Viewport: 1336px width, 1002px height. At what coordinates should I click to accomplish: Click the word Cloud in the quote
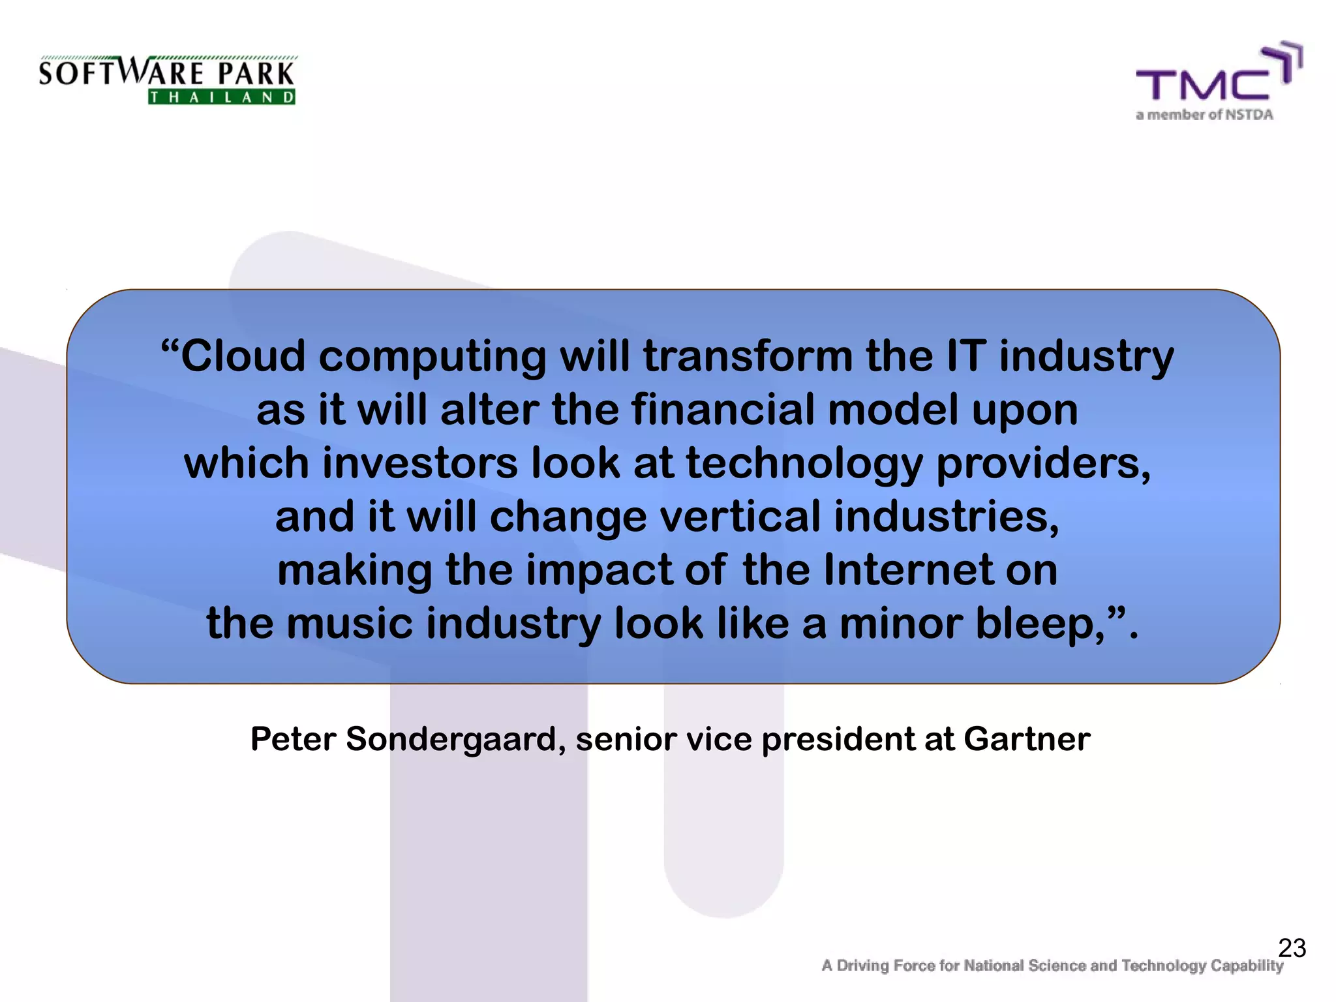[243, 356]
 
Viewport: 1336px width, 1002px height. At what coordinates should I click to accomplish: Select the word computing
[432, 357]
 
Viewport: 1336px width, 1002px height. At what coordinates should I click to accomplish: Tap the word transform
[748, 356]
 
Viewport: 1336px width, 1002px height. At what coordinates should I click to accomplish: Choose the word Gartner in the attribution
[1027, 739]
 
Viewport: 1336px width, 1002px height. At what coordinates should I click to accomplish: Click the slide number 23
[1292, 948]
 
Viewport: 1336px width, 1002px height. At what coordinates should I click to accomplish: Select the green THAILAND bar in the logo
[222, 98]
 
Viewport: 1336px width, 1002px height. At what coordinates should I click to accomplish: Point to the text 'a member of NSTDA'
[1204, 115]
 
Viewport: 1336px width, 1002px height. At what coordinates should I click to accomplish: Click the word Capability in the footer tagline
[1247, 965]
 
